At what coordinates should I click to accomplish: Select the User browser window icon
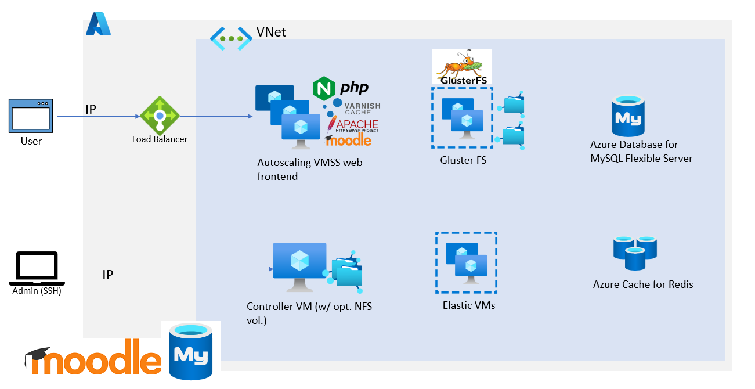[31, 115]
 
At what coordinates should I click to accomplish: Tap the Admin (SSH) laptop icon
[37, 268]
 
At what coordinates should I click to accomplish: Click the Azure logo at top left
[98, 24]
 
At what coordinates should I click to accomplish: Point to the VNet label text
[271, 32]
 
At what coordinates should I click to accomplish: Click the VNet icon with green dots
[231, 38]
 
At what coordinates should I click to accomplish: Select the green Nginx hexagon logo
[324, 88]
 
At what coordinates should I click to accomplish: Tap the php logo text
[354, 88]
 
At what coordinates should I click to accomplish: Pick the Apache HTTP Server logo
[353, 125]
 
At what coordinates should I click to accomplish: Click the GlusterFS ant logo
[462, 67]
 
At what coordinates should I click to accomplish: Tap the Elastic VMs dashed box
[466, 262]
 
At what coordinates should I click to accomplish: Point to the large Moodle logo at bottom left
[93, 360]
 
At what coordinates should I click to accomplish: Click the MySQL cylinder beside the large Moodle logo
[191, 352]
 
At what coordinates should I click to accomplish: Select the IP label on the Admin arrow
[107, 275]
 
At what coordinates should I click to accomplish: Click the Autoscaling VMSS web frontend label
[309, 170]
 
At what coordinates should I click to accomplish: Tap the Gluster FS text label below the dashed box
[463, 160]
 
